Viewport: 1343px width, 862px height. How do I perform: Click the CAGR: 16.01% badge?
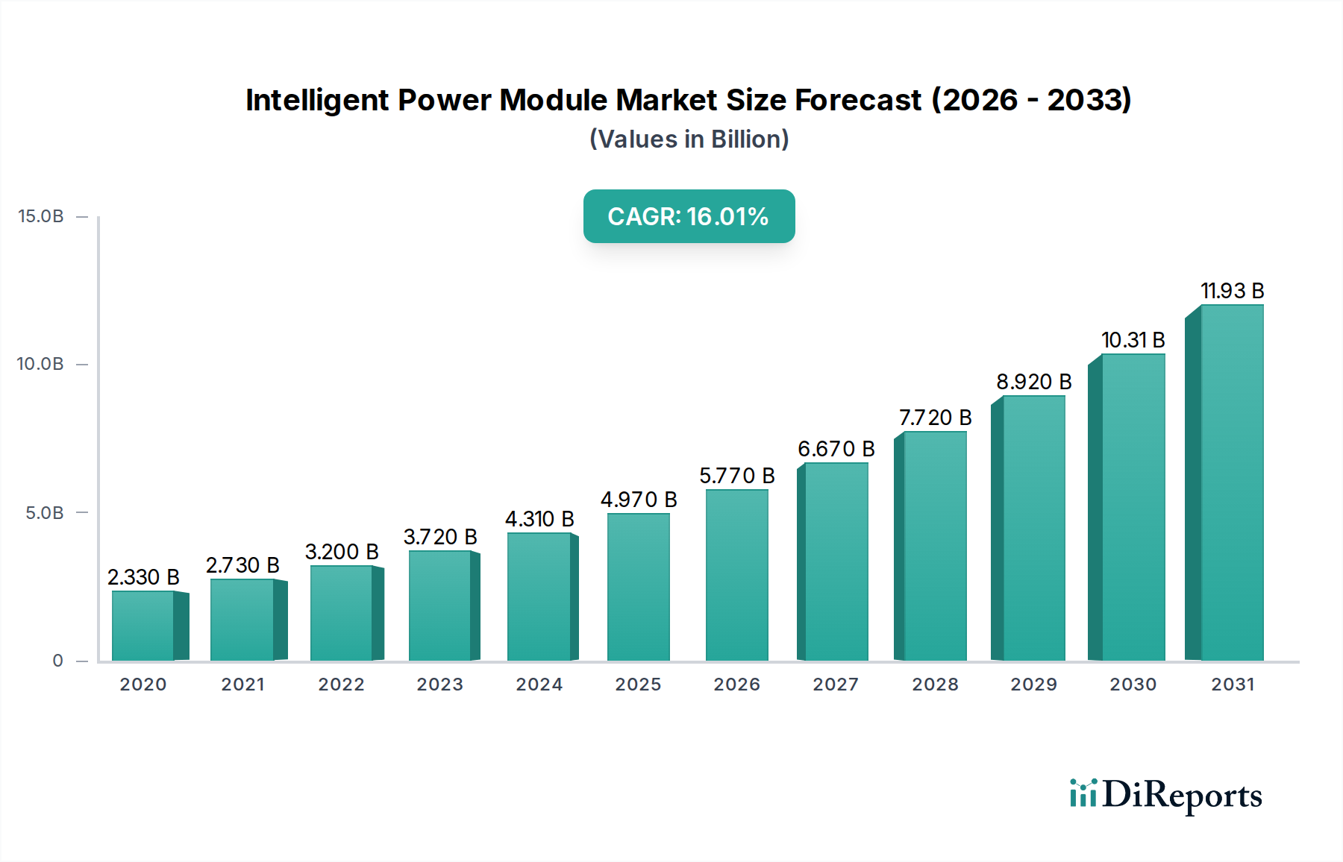(689, 216)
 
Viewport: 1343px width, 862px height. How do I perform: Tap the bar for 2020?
(143, 626)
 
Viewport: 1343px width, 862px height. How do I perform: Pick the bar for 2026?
(736, 575)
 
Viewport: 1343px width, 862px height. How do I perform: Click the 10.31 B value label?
(1133, 340)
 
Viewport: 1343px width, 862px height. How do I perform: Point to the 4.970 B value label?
(639, 500)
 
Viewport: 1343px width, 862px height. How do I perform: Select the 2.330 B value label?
(143, 577)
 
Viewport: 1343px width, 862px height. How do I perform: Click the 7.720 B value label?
(935, 418)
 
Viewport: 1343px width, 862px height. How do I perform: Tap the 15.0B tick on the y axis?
(41, 216)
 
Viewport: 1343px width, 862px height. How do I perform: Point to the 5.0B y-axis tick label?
(45, 513)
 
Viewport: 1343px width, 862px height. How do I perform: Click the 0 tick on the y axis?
(57, 661)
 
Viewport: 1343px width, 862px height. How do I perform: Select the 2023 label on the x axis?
(439, 685)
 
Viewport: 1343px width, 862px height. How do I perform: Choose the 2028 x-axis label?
(935, 685)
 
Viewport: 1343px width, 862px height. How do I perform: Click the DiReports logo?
(1165, 795)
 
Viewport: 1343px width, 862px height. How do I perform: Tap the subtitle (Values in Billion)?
(689, 139)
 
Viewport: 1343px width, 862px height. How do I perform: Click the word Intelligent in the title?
(316, 100)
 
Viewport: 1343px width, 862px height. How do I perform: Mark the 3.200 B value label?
(342, 552)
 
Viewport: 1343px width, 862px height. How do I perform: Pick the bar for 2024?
(539, 597)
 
